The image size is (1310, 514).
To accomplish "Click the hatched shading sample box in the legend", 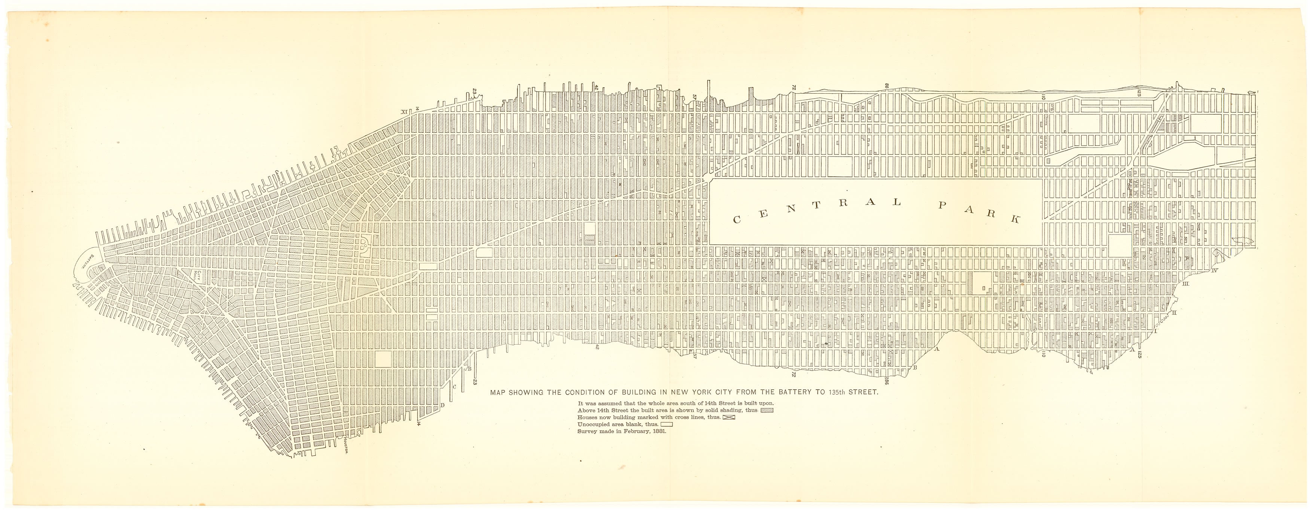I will [767, 410].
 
